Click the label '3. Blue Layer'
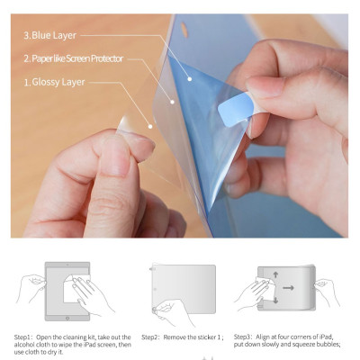pos(50,35)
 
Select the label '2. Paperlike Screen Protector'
pos(74,58)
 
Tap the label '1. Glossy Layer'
pos(54,82)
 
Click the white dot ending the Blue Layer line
pos(190,79)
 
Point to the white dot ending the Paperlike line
pos(172,102)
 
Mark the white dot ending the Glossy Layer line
pos(150,127)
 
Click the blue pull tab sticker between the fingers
pos(236,109)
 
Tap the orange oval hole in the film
pos(184,30)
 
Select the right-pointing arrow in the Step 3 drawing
pos(288,288)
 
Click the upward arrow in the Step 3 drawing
pos(275,274)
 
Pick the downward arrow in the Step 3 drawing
pos(275,300)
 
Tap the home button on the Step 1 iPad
pos(67,318)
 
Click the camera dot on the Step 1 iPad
pos(67,265)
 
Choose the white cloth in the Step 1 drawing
pos(75,288)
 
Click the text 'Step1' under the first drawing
pos(22,337)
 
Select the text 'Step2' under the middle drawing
pos(150,337)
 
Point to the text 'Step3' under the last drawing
pos(242,337)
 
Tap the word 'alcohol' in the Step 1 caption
pos(24,345)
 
